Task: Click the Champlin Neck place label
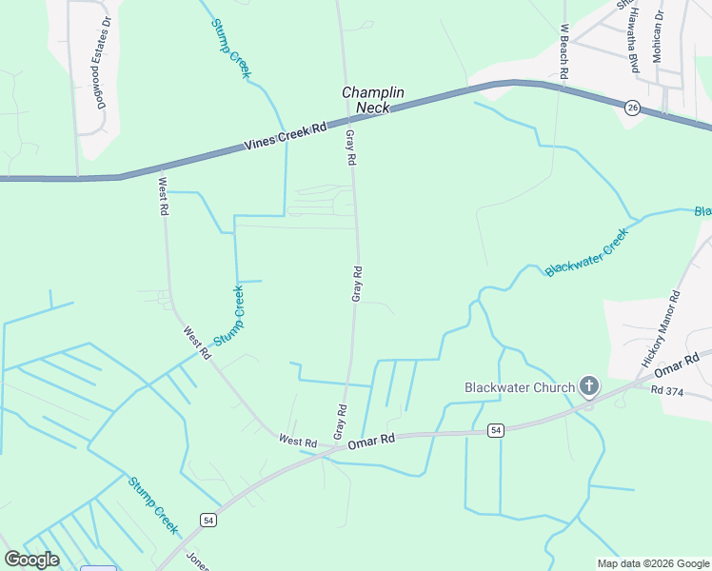(x=373, y=100)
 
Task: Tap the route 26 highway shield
(x=633, y=108)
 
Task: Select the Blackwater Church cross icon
(x=589, y=386)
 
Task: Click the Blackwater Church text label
(x=520, y=387)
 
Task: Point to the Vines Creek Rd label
(x=285, y=134)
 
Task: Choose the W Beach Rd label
(x=564, y=51)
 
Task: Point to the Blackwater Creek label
(x=586, y=252)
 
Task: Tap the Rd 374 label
(x=668, y=390)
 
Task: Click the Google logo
(x=31, y=560)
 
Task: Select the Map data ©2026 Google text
(x=654, y=563)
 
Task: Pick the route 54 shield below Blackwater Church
(x=496, y=431)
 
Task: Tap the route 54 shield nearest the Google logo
(x=208, y=519)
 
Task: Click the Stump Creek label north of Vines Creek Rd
(x=232, y=48)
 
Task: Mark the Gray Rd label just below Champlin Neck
(x=350, y=148)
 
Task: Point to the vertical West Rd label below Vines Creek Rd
(x=164, y=195)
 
